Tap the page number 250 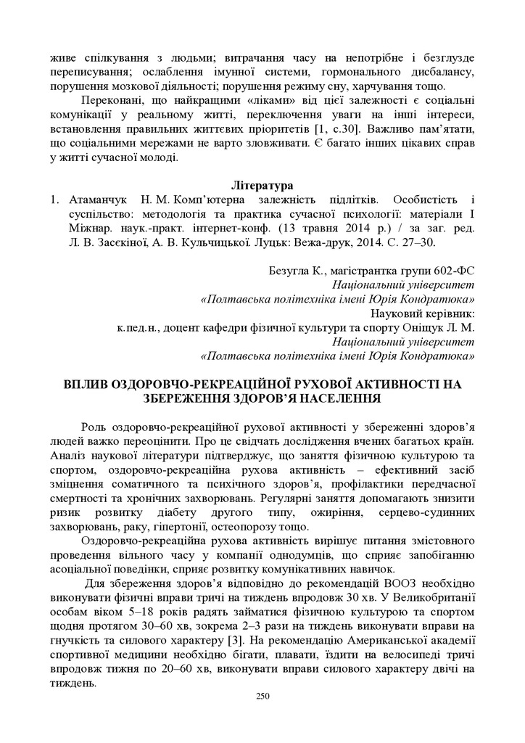[262, 697]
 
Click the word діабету [168, 512]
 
